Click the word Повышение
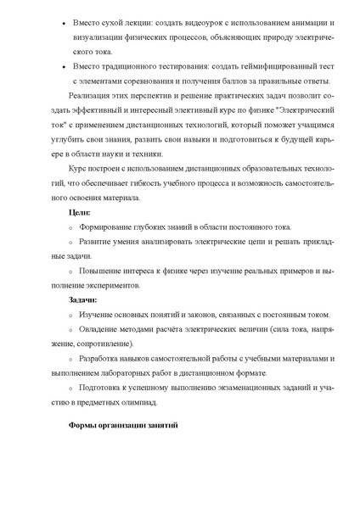point(98,271)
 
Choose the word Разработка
point(99,360)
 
